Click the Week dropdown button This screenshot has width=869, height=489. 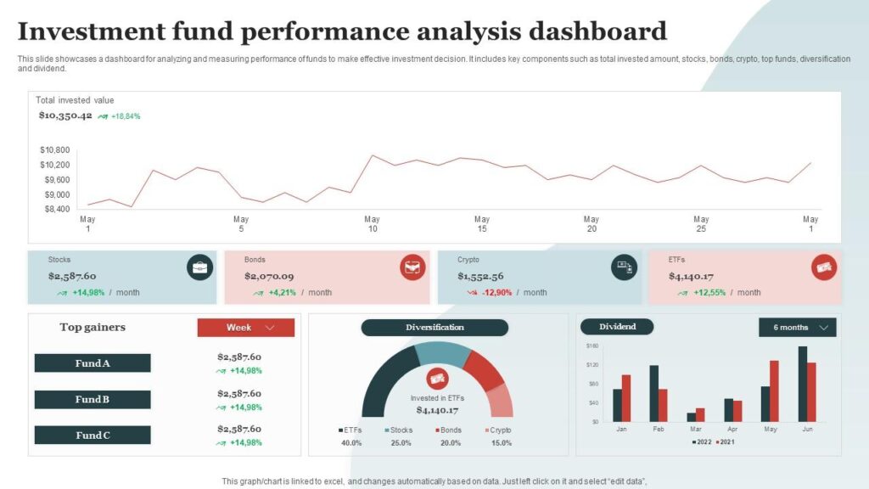(246, 328)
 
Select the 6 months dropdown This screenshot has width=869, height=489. (797, 328)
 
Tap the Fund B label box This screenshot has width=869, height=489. (93, 400)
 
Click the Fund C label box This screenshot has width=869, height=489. (93, 436)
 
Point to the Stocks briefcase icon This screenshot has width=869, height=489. (199, 268)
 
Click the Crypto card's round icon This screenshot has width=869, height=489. (624, 268)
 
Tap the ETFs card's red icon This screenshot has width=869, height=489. (823, 268)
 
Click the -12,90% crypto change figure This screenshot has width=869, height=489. (497, 293)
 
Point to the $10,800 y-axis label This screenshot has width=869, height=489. (54, 150)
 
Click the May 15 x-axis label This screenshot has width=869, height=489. (482, 224)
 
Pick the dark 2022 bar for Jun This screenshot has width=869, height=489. (802, 384)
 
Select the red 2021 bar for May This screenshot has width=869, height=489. (774, 391)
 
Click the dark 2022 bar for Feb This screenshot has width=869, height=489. (654, 393)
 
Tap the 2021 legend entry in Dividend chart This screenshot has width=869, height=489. (725, 442)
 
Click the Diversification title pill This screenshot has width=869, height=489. (434, 328)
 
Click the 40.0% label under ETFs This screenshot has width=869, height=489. (351, 443)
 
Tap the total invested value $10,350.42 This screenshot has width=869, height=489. (65, 115)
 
